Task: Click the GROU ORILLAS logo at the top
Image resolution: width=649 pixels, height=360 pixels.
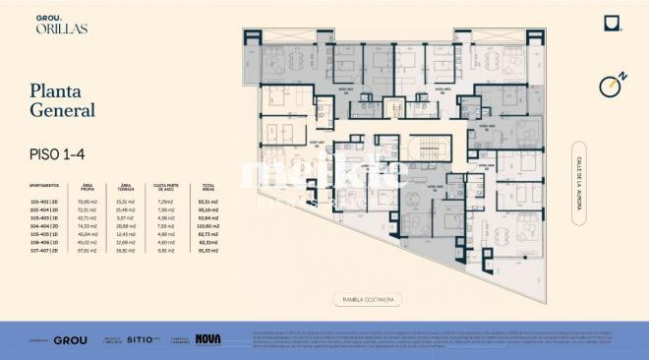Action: [x=64, y=25]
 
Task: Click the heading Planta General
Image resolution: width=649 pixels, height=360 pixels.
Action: [x=62, y=102]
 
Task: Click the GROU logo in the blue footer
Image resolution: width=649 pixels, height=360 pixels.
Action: [x=71, y=340]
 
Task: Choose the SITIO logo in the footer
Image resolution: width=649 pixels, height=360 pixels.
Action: [x=139, y=339]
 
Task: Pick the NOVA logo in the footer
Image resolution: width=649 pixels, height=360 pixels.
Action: [x=207, y=339]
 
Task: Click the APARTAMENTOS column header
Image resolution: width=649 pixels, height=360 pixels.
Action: [x=45, y=185]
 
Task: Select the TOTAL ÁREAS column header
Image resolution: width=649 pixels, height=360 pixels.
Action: [x=207, y=185]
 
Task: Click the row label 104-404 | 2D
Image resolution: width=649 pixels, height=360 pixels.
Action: [x=46, y=224]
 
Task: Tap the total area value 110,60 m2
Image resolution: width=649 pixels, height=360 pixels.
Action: [x=207, y=224]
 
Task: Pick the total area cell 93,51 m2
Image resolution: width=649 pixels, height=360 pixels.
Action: [x=207, y=201]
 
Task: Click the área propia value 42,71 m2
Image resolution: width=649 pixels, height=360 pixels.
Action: [x=88, y=216]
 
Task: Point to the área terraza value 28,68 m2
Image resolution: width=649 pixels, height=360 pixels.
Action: [x=126, y=224]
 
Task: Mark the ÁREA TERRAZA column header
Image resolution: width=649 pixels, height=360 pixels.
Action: [x=126, y=185]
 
